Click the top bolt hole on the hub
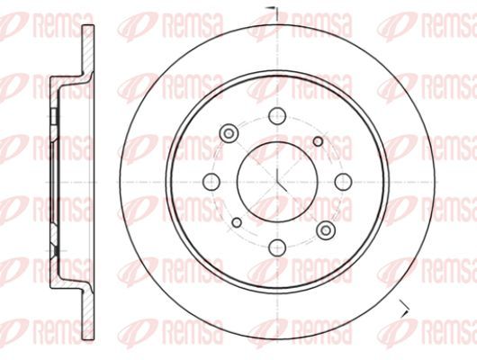click(x=277, y=116)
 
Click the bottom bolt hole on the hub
click(x=277, y=247)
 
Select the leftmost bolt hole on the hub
click(x=211, y=182)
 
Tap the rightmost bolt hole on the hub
click(x=343, y=182)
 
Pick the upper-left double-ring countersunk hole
click(x=229, y=133)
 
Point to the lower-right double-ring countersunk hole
click(x=326, y=230)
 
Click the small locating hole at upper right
click(x=318, y=141)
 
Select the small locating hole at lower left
click(x=237, y=223)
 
